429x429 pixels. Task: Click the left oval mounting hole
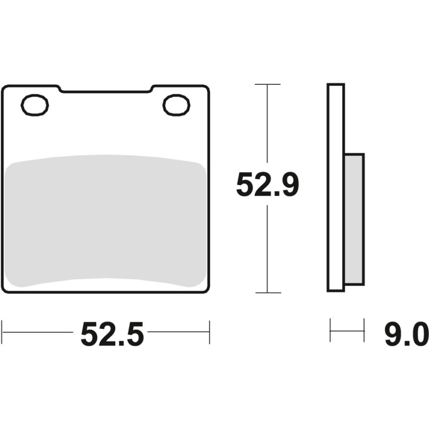35,105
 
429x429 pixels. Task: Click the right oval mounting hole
176,105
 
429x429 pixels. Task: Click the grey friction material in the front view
105,220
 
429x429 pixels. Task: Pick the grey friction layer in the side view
354,219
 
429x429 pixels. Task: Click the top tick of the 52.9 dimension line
267,85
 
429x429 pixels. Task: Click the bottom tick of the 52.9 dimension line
267,293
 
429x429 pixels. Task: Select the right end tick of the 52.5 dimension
209,332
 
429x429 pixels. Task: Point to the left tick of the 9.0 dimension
330,330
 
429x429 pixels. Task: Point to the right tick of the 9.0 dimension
364,330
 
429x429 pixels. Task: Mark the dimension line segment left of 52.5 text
38,332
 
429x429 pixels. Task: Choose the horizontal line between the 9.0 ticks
347,330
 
